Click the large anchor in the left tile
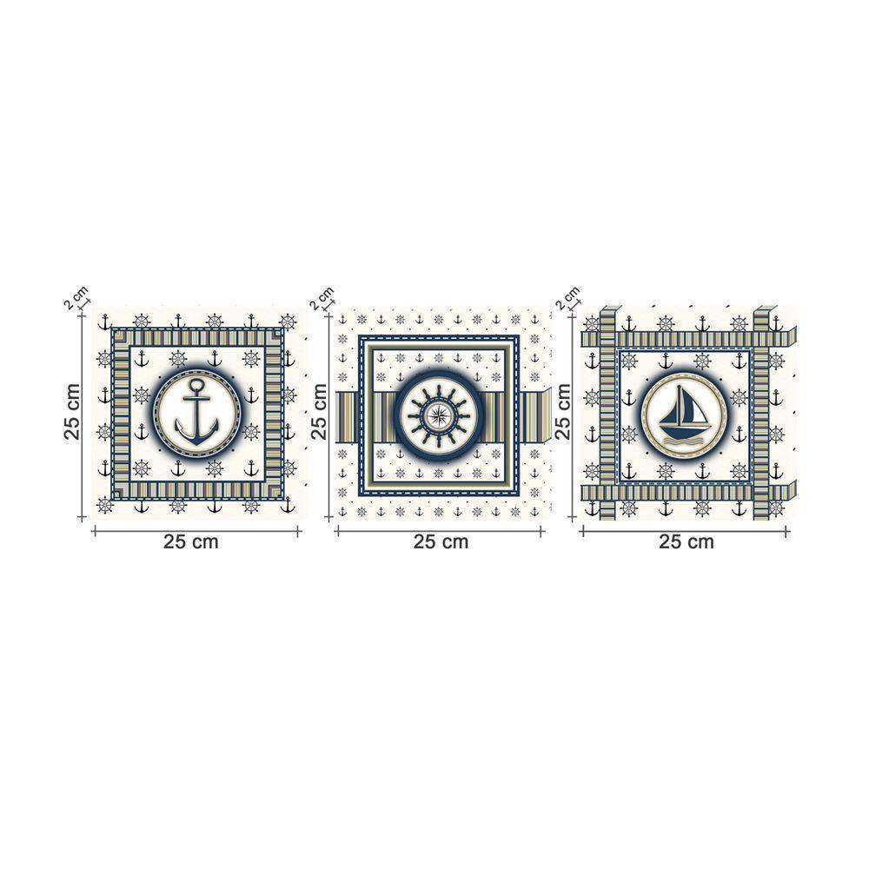click(196, 413)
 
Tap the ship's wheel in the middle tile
click(439, 414)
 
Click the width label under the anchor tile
click(191, 541)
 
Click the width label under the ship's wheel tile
click(441, 541)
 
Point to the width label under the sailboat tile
click(687, 541)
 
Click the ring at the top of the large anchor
click(196, 383)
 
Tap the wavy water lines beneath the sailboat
click(683, 442)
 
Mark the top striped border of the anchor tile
click(196, 336)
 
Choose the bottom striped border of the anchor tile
click(196, 491)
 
